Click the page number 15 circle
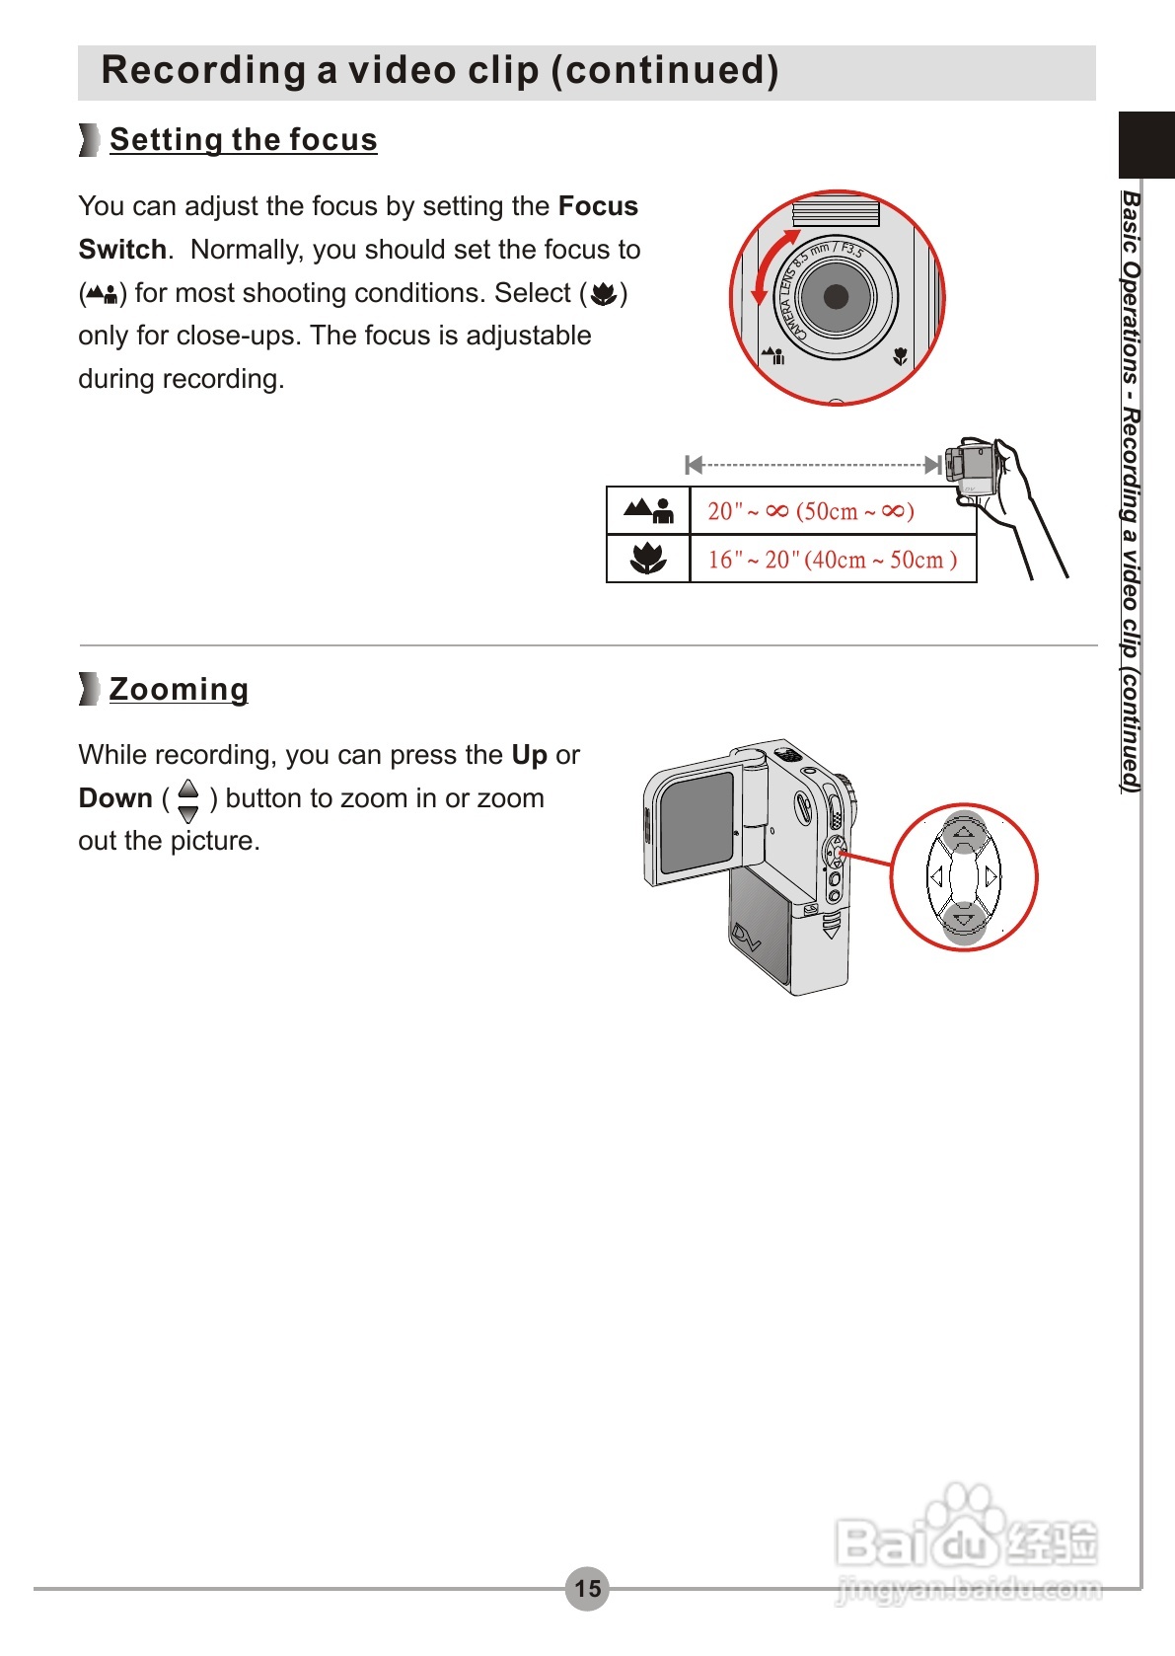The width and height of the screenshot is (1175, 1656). coord(587,1588)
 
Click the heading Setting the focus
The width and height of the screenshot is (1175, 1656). coord(243,140)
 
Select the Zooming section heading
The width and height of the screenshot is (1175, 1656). coord(179,689)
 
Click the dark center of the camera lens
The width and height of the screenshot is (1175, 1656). coord(836,296)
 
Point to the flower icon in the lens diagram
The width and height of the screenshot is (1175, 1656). coord(900,356)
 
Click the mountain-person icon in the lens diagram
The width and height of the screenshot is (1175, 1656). coord(773,354)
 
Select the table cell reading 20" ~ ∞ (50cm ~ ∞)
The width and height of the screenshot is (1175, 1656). coord(811,511)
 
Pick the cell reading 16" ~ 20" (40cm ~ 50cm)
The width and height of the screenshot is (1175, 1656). coord(832,560)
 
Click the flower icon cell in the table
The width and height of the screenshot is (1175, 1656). coord(647,560)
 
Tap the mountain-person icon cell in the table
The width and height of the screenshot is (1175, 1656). coord(647,510)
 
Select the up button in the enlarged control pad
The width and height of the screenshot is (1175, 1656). coord(964,833)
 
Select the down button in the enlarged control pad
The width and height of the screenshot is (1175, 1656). coord(964,921)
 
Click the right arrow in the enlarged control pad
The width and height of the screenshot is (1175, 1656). coord(991,876)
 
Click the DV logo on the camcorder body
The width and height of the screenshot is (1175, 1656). coord(746,936)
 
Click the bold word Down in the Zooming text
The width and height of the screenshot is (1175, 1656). coord(115,798)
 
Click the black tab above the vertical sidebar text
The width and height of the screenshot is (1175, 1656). coord(1145,144)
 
